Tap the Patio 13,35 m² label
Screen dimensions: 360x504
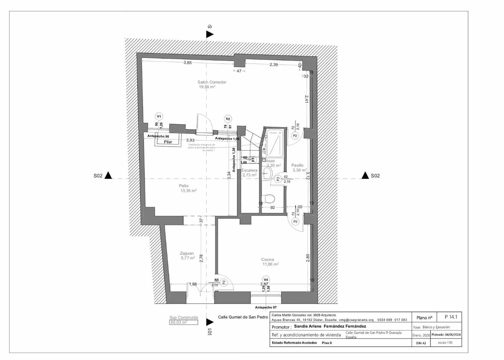tap(188, 188)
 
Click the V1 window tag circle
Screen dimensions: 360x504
tap(159, 117)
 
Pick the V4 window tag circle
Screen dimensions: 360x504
tap(266, 280)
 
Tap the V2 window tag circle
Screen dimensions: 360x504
tap(228, 119)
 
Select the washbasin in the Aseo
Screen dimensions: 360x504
tap(267, 173)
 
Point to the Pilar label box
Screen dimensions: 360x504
tap(168, 142)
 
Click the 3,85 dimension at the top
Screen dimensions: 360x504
tap(187, 63)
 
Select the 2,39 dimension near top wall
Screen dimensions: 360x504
tap(273, 65)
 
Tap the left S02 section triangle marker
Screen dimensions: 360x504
tap(108, 175)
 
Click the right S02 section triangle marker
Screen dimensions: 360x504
tap(365, 175)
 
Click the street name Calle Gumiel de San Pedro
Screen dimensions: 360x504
tap(243, 317)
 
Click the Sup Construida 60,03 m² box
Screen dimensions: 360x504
tap(184, 322)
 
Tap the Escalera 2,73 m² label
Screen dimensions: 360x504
tap(249, 172)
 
